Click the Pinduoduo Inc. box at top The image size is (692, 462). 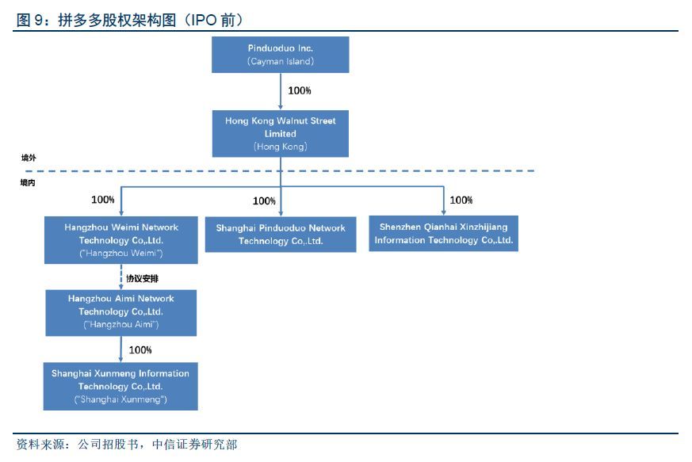pos(280,55)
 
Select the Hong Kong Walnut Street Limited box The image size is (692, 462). pos(280,133)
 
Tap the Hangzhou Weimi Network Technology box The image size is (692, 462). pos(121,240)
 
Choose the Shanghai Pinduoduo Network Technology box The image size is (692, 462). pos(281,235)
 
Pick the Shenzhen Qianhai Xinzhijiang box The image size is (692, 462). pos(443,234)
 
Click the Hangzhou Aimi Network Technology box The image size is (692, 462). pos(121,311)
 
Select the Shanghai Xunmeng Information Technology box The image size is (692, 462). pos(120,386)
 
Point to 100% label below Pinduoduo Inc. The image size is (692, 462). pos(300,91)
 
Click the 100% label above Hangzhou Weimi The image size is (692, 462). pos(103,200)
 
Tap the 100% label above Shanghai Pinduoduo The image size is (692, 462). pos(264,201)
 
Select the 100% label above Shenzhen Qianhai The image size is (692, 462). pos(461,200)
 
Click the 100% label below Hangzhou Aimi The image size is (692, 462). pos(140,349)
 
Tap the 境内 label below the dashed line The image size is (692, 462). pos(29,183)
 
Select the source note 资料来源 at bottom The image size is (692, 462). pos(41,445)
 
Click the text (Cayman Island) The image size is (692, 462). pos(280,61)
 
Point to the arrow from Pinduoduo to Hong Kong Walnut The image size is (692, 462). pos(280,91)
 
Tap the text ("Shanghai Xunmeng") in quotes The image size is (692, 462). pos(120,399)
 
